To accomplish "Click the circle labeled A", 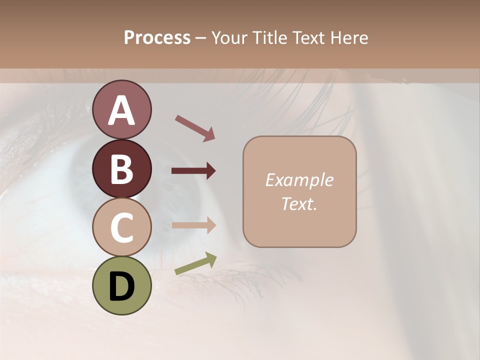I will pyautogui.click(x=121, y=109).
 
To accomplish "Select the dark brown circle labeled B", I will pyautogui.click(x=121, y=168).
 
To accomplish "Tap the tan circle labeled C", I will pyautogui.click(x=121, y=227).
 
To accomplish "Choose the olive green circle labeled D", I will pyautogui.click(x=121, y=285).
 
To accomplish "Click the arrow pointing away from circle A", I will pyautogui.click(x=195, y=127).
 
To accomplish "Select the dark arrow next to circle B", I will pyautogui.click(x=193, y=171).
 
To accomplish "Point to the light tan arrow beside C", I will pyautogui.click(x=193, y=225).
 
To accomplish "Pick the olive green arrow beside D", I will pyautogui.click(x=195, y=263).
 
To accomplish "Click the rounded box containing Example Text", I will pyautogui.click(x=299, y=192).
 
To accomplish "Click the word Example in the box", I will pyautogui.click(x=299, y=180).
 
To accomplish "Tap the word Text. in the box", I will pyautogui.click(x=299, y=203).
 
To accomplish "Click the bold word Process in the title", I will pyautogui.click(x=157, y=37).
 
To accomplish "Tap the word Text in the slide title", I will pyautogui.click(x=310, y=37).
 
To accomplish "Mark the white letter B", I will pyautogui.click(x=121, y=169).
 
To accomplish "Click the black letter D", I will pyautogui.click(x=121, y=286).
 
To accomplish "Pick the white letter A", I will pyautogui.click(x=121, y=110).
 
